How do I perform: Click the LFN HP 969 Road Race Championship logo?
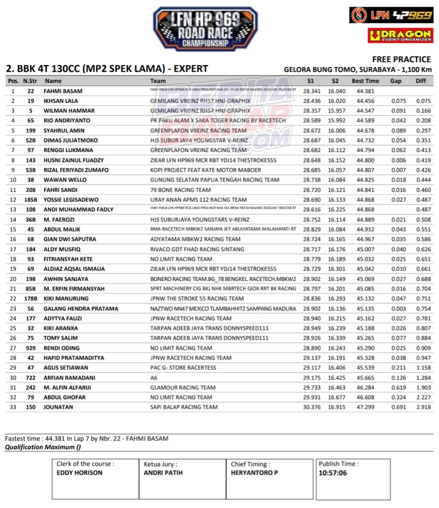coord(206,29)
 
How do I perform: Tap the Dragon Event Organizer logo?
coord(400,35)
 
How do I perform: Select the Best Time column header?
coord(365,81)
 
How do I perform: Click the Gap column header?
coord(396,81)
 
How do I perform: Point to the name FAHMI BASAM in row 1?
coord(63,91)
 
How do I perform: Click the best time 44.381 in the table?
coord(365,91)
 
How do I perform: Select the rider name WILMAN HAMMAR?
coord(69,111)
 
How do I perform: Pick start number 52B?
coord(31,140)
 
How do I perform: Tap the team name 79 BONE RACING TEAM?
coord(181,190)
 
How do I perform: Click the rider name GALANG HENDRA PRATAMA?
coord(81,309)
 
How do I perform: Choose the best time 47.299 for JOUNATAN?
coord(365,407)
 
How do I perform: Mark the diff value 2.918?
coord(424,407)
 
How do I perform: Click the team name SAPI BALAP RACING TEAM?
coord(184,407)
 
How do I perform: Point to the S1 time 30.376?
coord(312,407)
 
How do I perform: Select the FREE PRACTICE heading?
coord(401,60)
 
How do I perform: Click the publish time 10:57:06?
coord(333,473)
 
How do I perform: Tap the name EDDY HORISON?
coord(79,473)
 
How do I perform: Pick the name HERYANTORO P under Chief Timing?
coord(254,473)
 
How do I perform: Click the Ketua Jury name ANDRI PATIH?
coord(163,473)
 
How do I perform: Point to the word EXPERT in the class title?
coord(191,69)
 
